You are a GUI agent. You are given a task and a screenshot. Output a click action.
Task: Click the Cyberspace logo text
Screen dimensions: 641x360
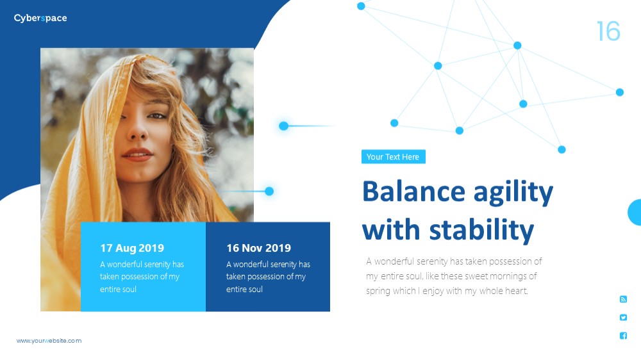[x=40, y=18]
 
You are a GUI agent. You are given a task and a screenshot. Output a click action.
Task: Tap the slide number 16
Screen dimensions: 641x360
[x=608, y=31]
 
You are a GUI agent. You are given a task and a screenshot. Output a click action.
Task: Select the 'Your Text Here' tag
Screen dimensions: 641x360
[x=394, y=156]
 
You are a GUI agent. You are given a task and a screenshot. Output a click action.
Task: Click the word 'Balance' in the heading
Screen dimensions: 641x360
[x=413, y=192]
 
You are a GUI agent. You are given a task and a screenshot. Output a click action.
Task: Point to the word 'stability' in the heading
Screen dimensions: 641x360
[x=481, y=230]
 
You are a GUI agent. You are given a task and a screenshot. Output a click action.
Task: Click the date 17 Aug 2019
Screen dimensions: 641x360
[x=132, y=248]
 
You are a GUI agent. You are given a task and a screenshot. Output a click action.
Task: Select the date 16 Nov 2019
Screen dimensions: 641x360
[x=259, y=248]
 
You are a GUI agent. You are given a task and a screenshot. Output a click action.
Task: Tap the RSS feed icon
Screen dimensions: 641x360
[x=623, y=299]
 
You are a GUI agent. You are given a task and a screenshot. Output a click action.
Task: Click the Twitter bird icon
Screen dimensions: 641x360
[x=623, y=318]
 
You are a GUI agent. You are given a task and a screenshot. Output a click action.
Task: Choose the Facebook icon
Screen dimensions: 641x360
[x=623, y=336]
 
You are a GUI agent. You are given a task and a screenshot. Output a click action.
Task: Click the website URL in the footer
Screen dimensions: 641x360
[x=49, y=340]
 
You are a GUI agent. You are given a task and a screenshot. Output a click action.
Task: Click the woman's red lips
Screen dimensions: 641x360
[x=137, y=154]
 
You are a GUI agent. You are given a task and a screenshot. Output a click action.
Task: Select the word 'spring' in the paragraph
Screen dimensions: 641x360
[x=378, y=291]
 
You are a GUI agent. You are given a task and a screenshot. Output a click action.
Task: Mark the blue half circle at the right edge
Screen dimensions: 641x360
[x=635, y=212]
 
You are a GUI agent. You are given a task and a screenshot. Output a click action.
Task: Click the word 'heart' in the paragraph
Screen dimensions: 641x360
[x=517, y=291]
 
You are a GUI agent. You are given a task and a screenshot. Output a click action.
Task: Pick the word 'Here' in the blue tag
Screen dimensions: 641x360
[x=410, y=157]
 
